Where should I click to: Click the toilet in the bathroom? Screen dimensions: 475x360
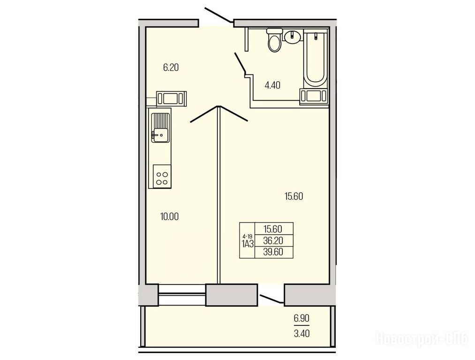[275, 40]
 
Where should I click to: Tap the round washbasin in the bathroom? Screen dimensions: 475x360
[292, 36]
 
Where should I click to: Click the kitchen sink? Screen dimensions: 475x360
[159, 127]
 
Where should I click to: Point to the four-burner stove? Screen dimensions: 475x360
[162, 176]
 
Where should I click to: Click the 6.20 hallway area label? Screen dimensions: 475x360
[171, 67]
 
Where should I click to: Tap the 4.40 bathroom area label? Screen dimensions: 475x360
[272, 85]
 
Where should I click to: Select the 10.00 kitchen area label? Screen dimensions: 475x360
[169, 217]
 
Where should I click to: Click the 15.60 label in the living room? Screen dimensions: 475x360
[294, 196]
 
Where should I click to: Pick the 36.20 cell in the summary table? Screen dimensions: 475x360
[273, 240]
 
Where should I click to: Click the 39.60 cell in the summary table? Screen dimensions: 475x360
[273, 252]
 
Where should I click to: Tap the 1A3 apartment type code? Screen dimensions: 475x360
[248, 244]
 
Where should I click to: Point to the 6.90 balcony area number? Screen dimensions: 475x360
[302, 319]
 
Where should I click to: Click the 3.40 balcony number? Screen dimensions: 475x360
[302, 334]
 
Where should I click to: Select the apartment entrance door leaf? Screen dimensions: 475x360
[219, 15]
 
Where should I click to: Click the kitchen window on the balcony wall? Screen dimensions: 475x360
[182, 294]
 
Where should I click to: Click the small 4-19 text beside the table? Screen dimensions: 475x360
[247, 236]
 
